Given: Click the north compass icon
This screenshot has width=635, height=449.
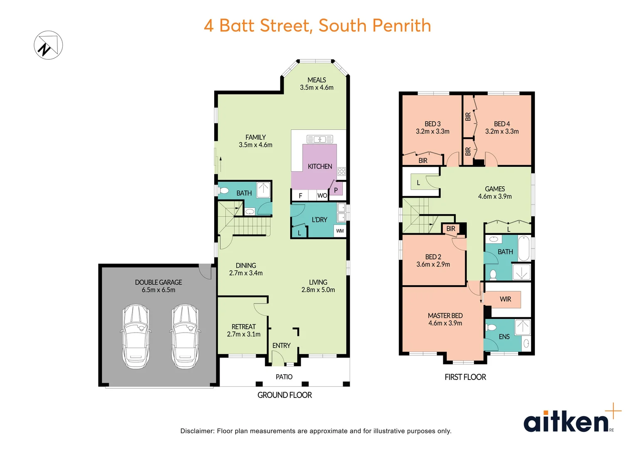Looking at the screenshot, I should [48, 45].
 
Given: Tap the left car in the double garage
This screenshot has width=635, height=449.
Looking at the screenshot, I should [136, 337].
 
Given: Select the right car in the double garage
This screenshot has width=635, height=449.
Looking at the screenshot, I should [185, 337].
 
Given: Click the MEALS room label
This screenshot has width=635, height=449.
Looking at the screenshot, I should [316, 80].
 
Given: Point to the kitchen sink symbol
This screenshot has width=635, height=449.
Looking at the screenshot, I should [319, 139].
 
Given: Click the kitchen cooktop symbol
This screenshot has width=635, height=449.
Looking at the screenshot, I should [341, 171].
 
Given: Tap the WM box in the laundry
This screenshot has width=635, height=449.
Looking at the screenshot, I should [340, 231].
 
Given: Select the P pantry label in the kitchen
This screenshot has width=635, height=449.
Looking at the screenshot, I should [336, 190].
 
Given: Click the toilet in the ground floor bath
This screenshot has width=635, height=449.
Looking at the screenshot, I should [224, 191].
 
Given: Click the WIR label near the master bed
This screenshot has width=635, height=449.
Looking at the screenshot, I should [505, 299].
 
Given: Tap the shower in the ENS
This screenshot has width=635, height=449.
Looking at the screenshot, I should [522, 327].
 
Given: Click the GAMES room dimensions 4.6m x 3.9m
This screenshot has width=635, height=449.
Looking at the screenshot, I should [494, 196].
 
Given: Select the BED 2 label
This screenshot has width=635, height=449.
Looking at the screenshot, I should [433, 257].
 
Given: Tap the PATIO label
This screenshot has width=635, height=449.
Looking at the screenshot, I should [284, 377].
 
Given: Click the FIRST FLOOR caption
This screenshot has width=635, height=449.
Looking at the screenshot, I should [465, 377].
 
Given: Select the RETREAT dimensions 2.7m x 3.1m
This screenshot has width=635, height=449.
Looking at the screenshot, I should [244, 334].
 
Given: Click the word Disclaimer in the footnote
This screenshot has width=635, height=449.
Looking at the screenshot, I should [197, 431].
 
